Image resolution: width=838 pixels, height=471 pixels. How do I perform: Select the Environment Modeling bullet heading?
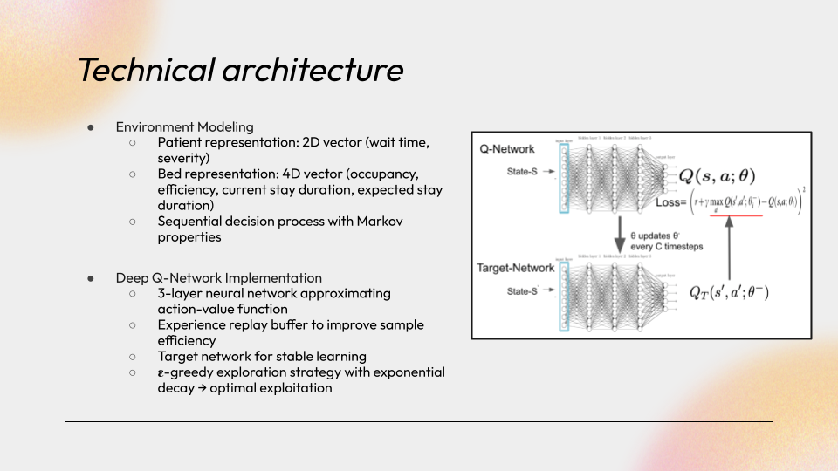[184, 126]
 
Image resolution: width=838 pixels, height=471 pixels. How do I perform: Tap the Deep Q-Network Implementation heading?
[218, 277]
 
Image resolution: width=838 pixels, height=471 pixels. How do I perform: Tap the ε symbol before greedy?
[161, 372]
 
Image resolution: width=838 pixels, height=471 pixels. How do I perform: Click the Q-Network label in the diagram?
[507, 149]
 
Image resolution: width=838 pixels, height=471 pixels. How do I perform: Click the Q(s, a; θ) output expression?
[718, 177]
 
